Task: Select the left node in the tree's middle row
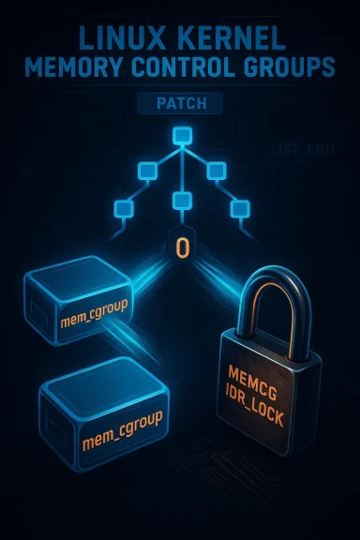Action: pyautogui.click(x=146, y=171)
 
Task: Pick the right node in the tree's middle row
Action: pyautogui.click(x=216, y=171)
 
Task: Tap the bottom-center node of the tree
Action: pyautogui.click(x=181, y=200)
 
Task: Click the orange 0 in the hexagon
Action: pyautogui.click(x=182, y=248)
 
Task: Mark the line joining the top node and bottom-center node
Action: pyautogui.click(x=181, y=169)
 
